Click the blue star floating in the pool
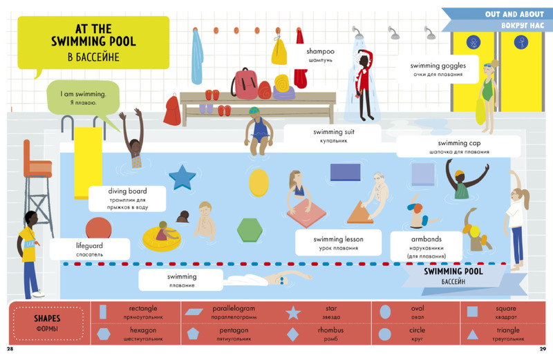click(x=182, y=177)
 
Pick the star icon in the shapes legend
click(x=294, y=312)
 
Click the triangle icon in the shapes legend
click(x=472, y=335)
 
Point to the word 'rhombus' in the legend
click(x=330, y=330)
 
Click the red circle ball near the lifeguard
click(x=95, y=229)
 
